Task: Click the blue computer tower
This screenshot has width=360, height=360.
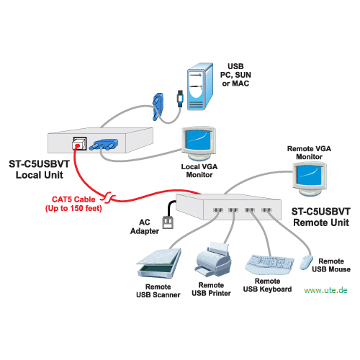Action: pos(200,86)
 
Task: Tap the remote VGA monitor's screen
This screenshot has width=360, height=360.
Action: pos(309,175)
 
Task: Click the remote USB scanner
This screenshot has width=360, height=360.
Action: pos(159,263)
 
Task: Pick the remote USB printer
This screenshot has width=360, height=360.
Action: pos(213,259)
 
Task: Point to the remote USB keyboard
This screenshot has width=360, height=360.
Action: pos(269,264)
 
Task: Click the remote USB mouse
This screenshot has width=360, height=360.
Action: pos(306,262)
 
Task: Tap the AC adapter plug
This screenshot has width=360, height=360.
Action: pos(168,222)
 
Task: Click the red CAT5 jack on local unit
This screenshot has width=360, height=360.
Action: pos(78,145)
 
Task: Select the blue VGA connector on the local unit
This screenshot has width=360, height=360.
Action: pos(104,145)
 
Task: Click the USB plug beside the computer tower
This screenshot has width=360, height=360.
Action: pos(180,98)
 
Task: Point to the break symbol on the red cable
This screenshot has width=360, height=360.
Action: pos(108,198)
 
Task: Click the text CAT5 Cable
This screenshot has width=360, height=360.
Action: pos(73,199)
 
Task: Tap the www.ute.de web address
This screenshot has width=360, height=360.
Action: pos(325,290)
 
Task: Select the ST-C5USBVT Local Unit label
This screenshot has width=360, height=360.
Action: pos(39,169)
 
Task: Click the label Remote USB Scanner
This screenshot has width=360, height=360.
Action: pos(158,291)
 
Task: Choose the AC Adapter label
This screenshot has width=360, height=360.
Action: pos(145,227)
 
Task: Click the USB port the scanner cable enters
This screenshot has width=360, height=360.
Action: pos(218,210)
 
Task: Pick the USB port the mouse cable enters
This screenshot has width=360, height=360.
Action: pos(266,210)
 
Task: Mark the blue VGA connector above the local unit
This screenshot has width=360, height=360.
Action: pos(158,107)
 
